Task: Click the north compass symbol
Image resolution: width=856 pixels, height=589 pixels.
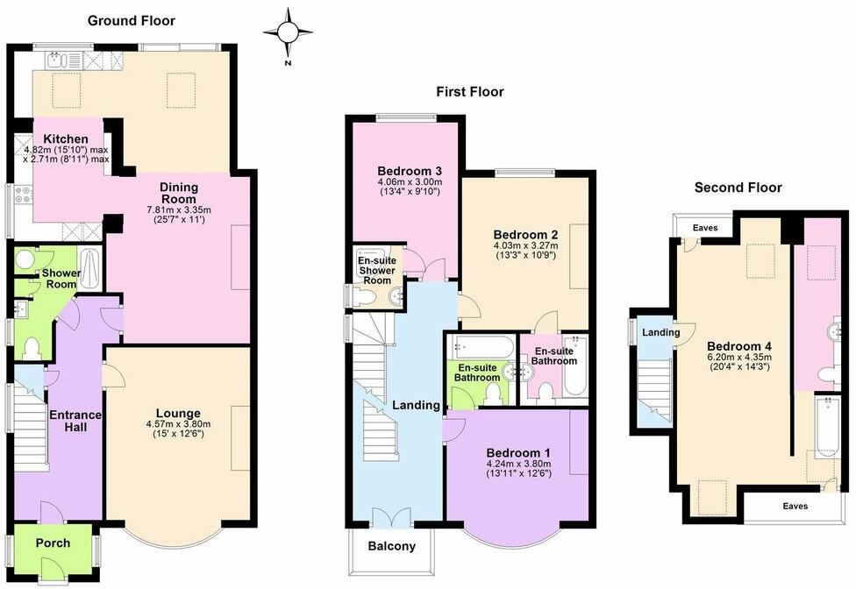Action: click(x=288, y=32)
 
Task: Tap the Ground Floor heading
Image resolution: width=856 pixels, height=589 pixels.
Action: click(x=132, y=20)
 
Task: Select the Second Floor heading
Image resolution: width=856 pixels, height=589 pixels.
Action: click(x=738, y=187)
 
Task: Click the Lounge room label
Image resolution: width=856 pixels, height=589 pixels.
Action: click(x=178, y=413)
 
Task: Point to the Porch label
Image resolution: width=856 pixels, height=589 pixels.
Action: click(x=53, y=543)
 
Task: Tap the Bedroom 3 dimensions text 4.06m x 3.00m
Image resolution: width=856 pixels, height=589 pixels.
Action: click(x=409, y=182)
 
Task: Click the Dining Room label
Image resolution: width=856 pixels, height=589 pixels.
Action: click(x=178, y=193)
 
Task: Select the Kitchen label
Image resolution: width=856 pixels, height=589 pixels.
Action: click(x=67, y=139)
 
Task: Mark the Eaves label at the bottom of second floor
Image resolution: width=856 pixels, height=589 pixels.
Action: click(x=795, y=507)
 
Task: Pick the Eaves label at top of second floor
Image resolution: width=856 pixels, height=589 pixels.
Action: click(x=704, y=228)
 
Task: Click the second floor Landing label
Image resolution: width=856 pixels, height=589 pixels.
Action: click(x=660, y=332)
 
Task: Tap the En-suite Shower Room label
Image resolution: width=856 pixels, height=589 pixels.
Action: click(x=374, y=270)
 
